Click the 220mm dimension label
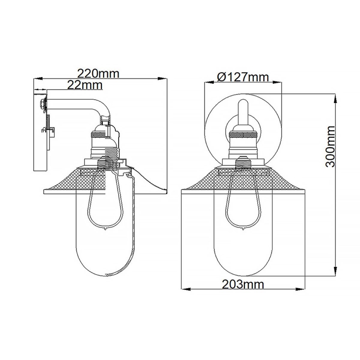pos(99,74)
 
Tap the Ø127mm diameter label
pos(243,77)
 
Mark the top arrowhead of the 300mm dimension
pos(335,95)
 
